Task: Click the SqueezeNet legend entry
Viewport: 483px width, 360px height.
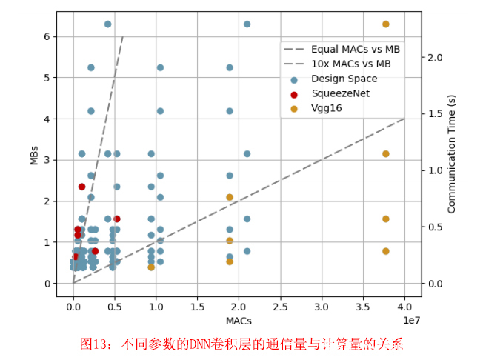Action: (339, 94)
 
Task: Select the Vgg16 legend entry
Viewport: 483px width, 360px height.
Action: (326, 109)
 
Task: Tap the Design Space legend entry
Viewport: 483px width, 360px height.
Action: (344, 79)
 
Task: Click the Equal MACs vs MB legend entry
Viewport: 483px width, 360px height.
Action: (356, 49)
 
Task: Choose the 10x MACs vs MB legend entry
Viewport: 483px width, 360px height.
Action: (350, 64)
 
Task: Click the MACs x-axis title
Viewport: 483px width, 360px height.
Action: (239, 321)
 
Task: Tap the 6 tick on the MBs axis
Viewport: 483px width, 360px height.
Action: (47, 36)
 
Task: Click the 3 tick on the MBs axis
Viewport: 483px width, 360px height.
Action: (47, 160)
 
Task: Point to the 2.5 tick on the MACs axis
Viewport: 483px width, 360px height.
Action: (280, 305)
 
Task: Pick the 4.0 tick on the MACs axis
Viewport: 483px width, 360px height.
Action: (404, 305)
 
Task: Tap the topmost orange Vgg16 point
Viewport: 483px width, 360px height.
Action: (386, 24)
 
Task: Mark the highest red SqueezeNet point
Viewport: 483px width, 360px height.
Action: (81, 187)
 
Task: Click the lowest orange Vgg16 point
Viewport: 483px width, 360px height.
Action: (151, 267)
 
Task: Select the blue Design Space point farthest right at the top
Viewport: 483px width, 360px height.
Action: (247, 24)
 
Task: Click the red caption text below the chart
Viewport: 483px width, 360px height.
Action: (242, 344)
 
